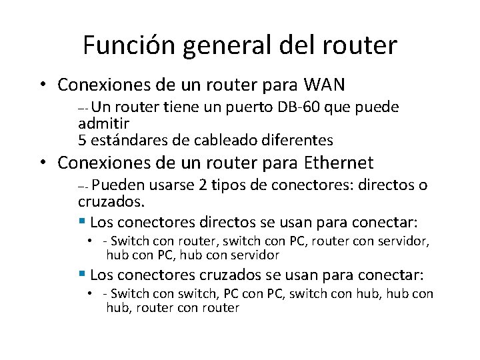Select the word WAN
pyautogui.click(x=325, y=85)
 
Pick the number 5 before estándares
pyautogui.click(x=82, y=140)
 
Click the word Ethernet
pyautogui.click(x=339, y=163)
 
